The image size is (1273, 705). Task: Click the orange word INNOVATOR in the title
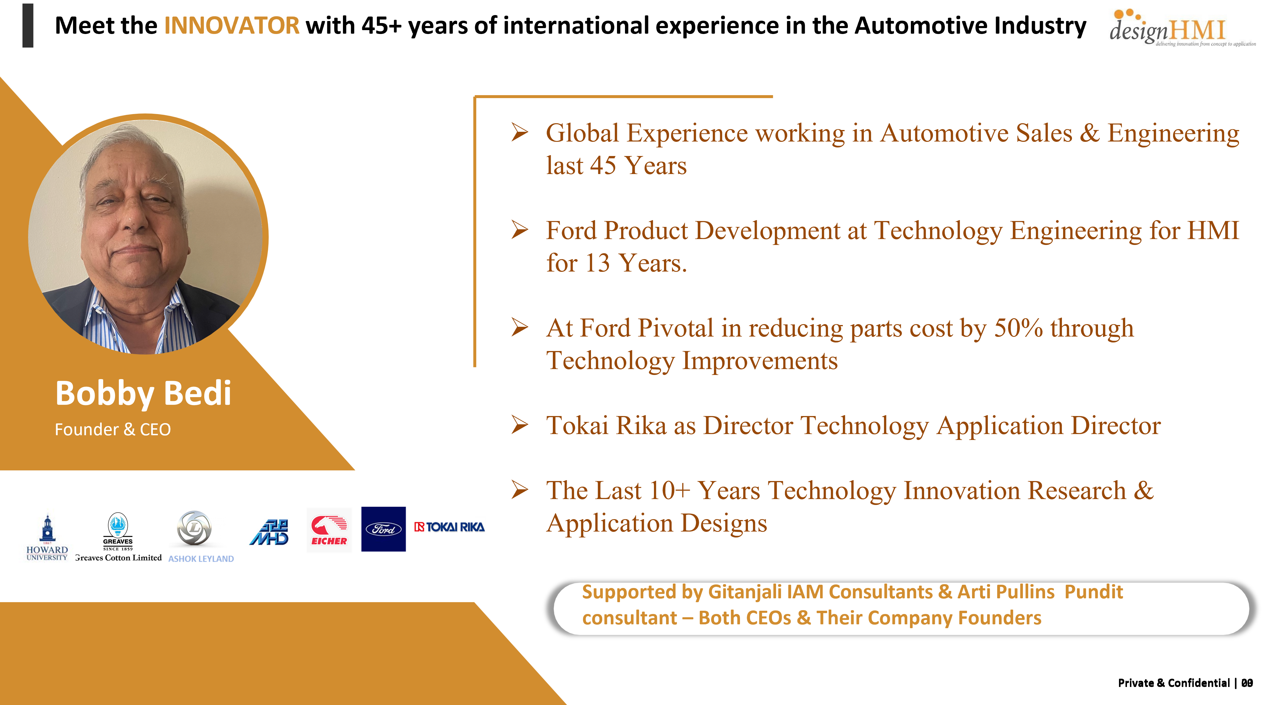[231, 26]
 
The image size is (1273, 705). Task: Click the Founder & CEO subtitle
[113, 429]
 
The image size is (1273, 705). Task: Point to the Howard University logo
[47, 537]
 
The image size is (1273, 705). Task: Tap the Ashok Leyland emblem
[195, 529]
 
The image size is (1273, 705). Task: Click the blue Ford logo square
[383, 529]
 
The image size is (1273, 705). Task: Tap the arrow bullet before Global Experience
[520, 132]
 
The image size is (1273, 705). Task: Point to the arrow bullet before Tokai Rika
[520, 425]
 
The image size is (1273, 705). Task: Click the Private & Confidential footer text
[1174, 683]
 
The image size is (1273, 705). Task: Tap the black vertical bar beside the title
[28, 26]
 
